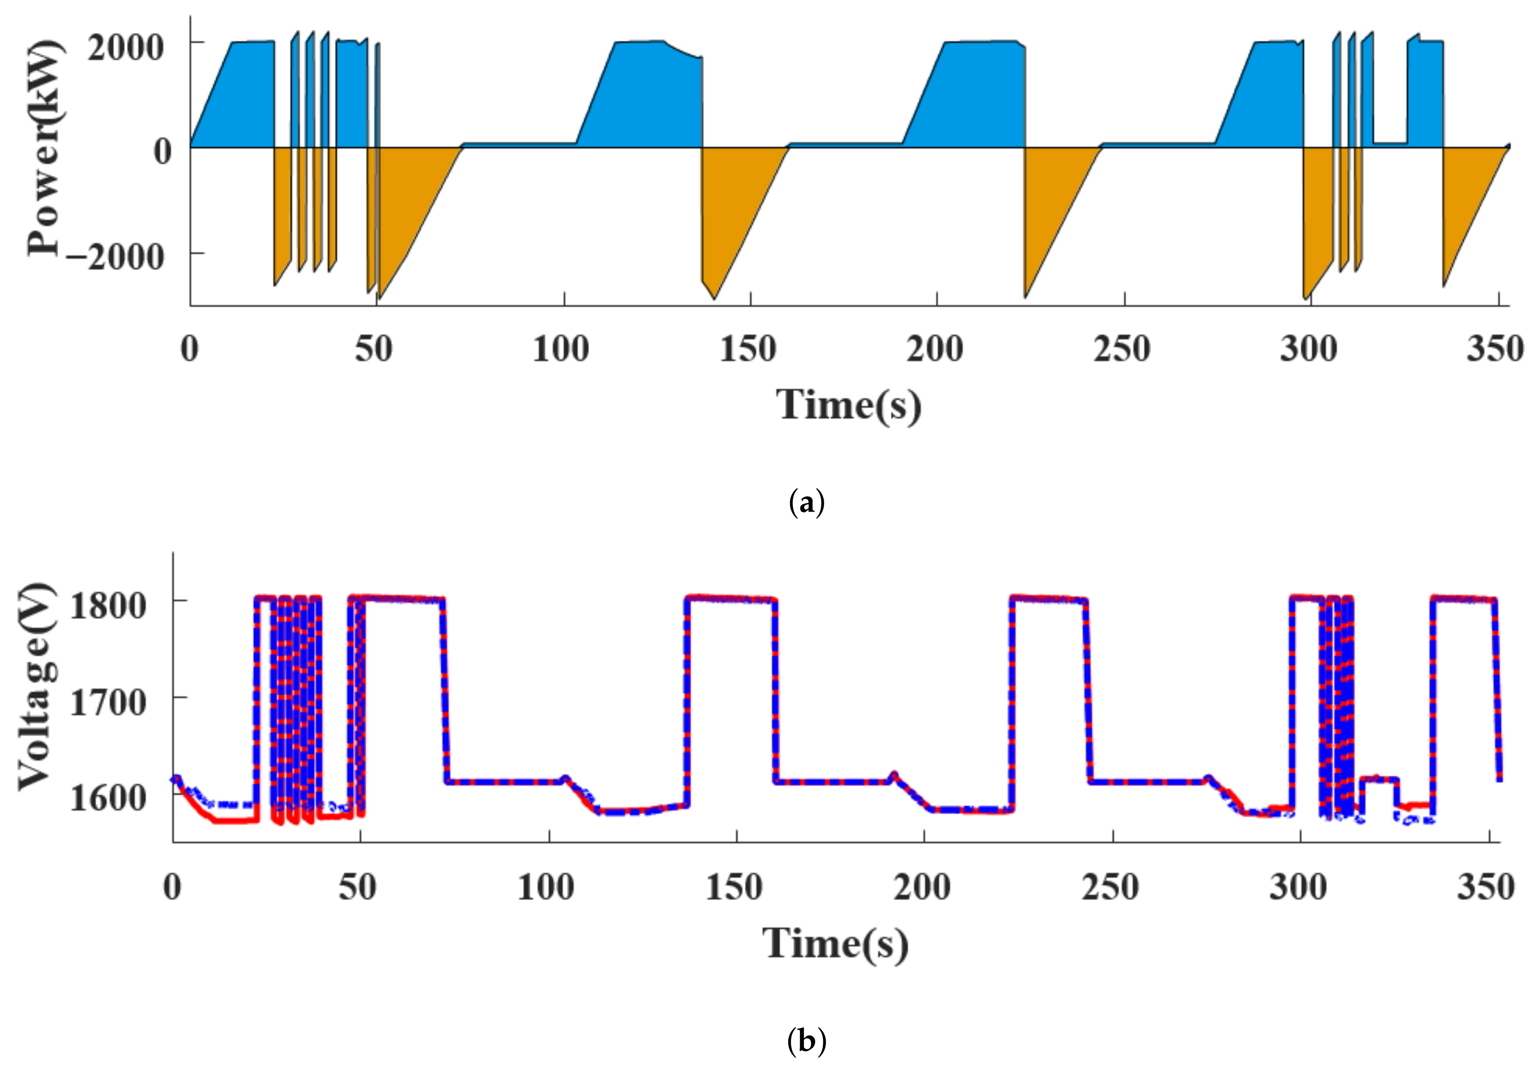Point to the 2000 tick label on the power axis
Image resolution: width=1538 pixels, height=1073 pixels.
(125, 48)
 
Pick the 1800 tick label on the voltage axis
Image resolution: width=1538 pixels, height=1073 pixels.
(108, 606)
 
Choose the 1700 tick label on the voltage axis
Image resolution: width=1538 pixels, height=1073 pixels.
(108, 703)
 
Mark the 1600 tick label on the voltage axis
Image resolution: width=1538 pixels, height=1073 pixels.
(108, 798)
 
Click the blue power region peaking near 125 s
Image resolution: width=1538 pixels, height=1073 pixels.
(643, 94)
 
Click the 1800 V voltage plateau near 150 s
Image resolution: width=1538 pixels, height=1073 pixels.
(730, 598)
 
